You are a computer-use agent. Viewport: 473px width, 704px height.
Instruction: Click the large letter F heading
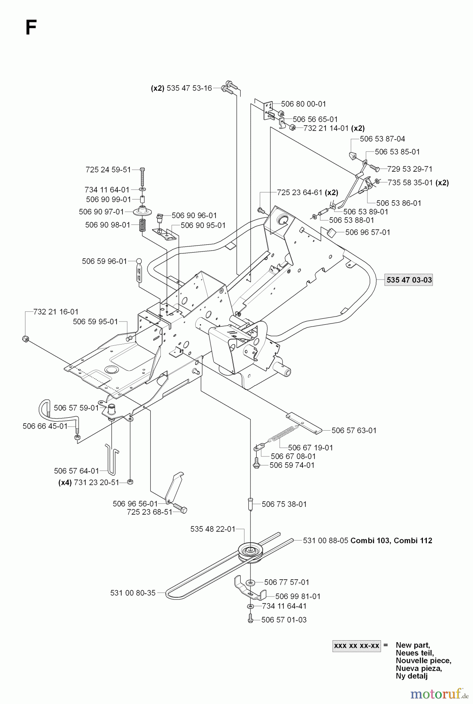pyautogui.click(x=31, y=28)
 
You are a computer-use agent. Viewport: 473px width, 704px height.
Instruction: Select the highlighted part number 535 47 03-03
pyautogui.click(x=408, y=280)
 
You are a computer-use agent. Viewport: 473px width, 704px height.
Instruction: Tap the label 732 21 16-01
pyautogui.click(x=56, y=312)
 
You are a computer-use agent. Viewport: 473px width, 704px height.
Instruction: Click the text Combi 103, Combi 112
pyautogui.click(x=391, y=541)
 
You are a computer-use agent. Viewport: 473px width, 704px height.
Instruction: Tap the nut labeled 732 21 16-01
pyautogui.click(x=26, y=339)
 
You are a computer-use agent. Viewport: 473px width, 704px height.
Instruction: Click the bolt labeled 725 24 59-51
pyautogui.click(x=142, y=176)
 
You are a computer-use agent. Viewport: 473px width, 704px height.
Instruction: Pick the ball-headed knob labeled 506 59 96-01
pyautogui.click(x=138, y=261)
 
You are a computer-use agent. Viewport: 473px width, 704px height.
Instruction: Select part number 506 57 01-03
pyautogui.click(x=284, y=620)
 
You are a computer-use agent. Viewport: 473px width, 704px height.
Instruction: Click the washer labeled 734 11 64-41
pyautogui.click(x=250, y=606)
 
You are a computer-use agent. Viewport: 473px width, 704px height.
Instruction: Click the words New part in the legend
pyautogui.click(x=412, y=645)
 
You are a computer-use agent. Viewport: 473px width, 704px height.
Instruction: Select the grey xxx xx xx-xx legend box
pyautogui.click(x=356, y=645)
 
